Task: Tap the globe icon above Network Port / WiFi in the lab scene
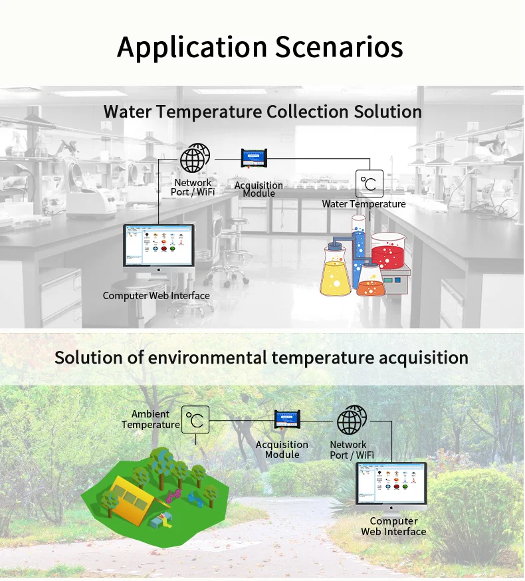point(194,160)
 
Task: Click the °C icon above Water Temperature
point(369,184)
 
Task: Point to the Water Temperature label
point(364,204)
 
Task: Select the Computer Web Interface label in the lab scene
point(156,296)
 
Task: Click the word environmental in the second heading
point(207,358)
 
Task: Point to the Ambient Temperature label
point(150,419)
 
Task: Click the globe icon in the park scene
point(350,420)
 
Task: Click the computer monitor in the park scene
point(391,483)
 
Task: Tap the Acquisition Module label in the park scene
point(282,449)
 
